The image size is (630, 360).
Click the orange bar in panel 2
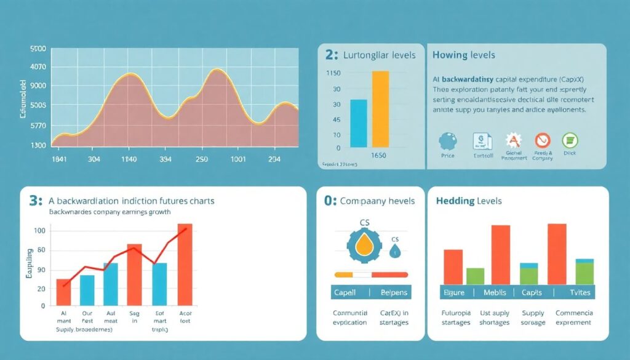point(380,110)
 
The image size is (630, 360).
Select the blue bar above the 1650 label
point(358,124)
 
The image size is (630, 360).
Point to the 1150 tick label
point(333,73)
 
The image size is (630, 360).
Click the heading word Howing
point(449,55)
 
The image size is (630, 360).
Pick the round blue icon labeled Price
point(447,141)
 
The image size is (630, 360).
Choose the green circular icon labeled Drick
point(569,140)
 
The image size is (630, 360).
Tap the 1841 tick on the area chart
point(60,158)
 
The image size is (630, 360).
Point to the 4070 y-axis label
point(38,66)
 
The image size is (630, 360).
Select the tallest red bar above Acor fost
point(185,265)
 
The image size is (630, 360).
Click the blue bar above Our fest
point(87,290)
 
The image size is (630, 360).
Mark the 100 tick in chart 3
point(40,231)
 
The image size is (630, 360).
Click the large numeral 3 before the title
point(34,201)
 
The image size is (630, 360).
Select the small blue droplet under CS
point(395,250)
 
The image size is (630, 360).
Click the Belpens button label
point(391,292)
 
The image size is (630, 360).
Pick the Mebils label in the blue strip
point(495,292)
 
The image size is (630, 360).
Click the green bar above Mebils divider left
point(475,276)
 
